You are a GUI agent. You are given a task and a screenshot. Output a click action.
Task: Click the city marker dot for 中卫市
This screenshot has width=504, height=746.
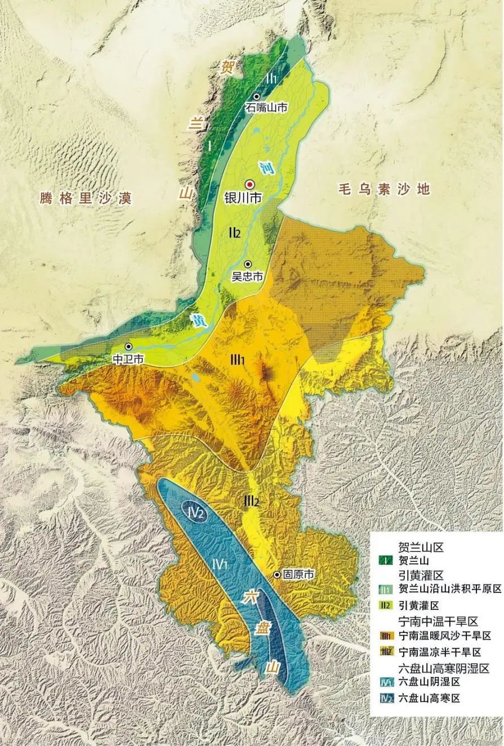pyautogui.click(x=129, y=347)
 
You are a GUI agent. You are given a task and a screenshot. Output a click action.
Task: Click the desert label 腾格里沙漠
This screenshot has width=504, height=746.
pyautogui.click(x=86, y=198)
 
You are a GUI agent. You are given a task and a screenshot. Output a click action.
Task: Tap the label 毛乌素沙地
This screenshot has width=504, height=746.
pyautogui.click(x=383, y=188)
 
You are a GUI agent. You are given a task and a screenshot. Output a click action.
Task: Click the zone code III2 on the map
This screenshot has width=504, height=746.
pyautogui.click(x=251, y=500)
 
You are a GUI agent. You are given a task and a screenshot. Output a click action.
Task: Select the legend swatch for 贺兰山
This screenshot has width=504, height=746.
pyautogui.click(x=385, y=560)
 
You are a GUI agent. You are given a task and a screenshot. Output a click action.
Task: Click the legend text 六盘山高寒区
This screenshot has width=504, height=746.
pyautogui.click(x=429, y=698)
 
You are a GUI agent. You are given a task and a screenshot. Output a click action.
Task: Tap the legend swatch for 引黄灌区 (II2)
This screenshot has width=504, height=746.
pyautogui.click(x=385, y=604)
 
